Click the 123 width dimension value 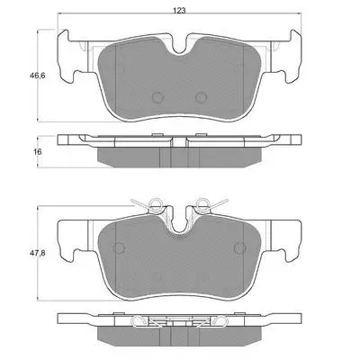click(x=179, y=11)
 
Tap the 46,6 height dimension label click(x=37, y=76)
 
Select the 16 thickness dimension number click(x=38, y=152)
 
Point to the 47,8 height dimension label click(x=37, y=254)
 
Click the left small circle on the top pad click(x=157, y=97)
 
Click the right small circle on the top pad click(x=201, y=97)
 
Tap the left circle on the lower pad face click(x=119, y=247)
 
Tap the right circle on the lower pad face click(x=240, y=247)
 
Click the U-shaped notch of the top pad click(x=179, y=48)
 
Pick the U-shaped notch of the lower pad click(x=179, y=228)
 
